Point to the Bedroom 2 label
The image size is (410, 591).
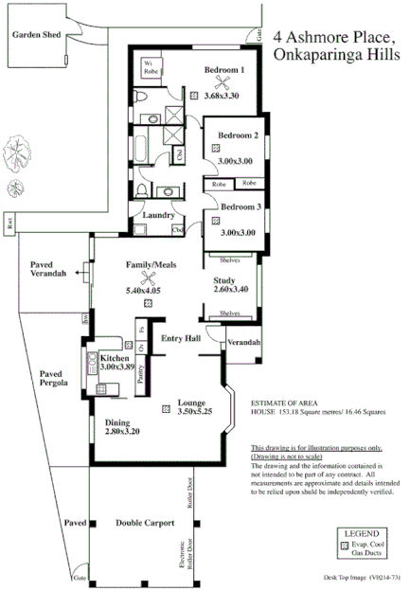[238, 136]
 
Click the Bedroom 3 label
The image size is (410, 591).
[240, 206]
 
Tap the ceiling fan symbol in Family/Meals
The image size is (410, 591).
[147, 277]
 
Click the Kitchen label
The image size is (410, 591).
[115, 358]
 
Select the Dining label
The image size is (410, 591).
[118, 423]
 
